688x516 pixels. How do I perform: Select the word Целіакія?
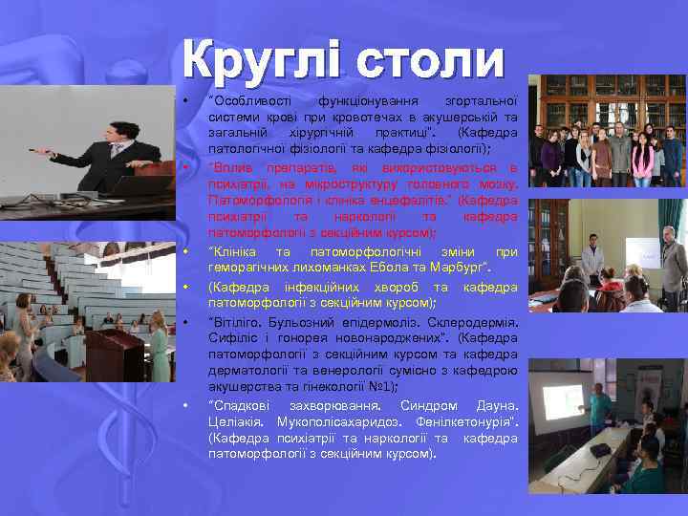click(x=235, y=421)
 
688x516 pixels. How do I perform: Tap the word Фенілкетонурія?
click(x=465, y=421)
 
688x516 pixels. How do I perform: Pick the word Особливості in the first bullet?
click(x=247, y=99)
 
